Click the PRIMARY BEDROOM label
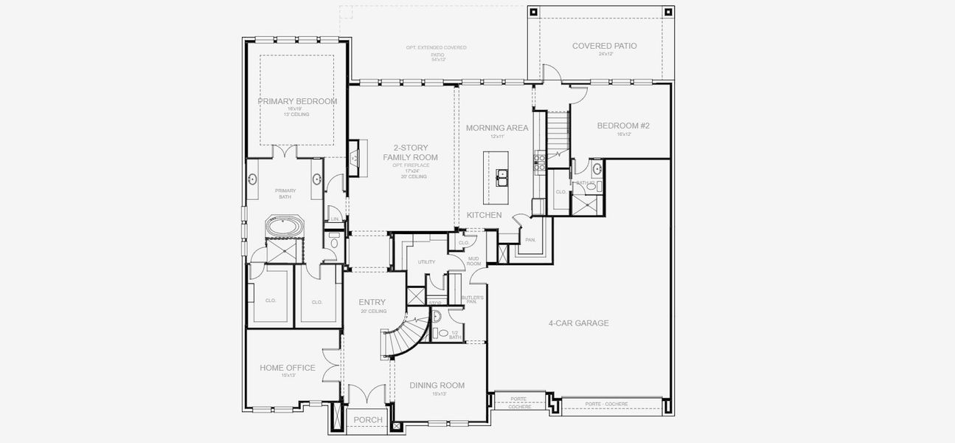pyautogui.click(x=297, y=101)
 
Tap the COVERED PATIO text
pyautogui.click(x=604, y=46)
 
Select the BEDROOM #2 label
pyautogui.click(x=623, y=126)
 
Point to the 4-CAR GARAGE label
pyautogui.click(x=578, y=323)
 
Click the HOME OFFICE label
pyautogui.click(x=287, y=368)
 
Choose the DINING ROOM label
pyautogui.click(x=437, y=385)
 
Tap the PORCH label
pyautogui.click(x=368, y=420)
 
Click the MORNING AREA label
pyautogui.click(x=497, y=128)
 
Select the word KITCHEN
pyautogui.click(x=484, y=215)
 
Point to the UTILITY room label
pyautogui.click(x=426, y=262)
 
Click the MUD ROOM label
pyautogui.click(x=473, y=261)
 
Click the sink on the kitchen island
pyautogui.click(x=501, y=176)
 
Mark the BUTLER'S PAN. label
pyautogui.click(x=473, y=299)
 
